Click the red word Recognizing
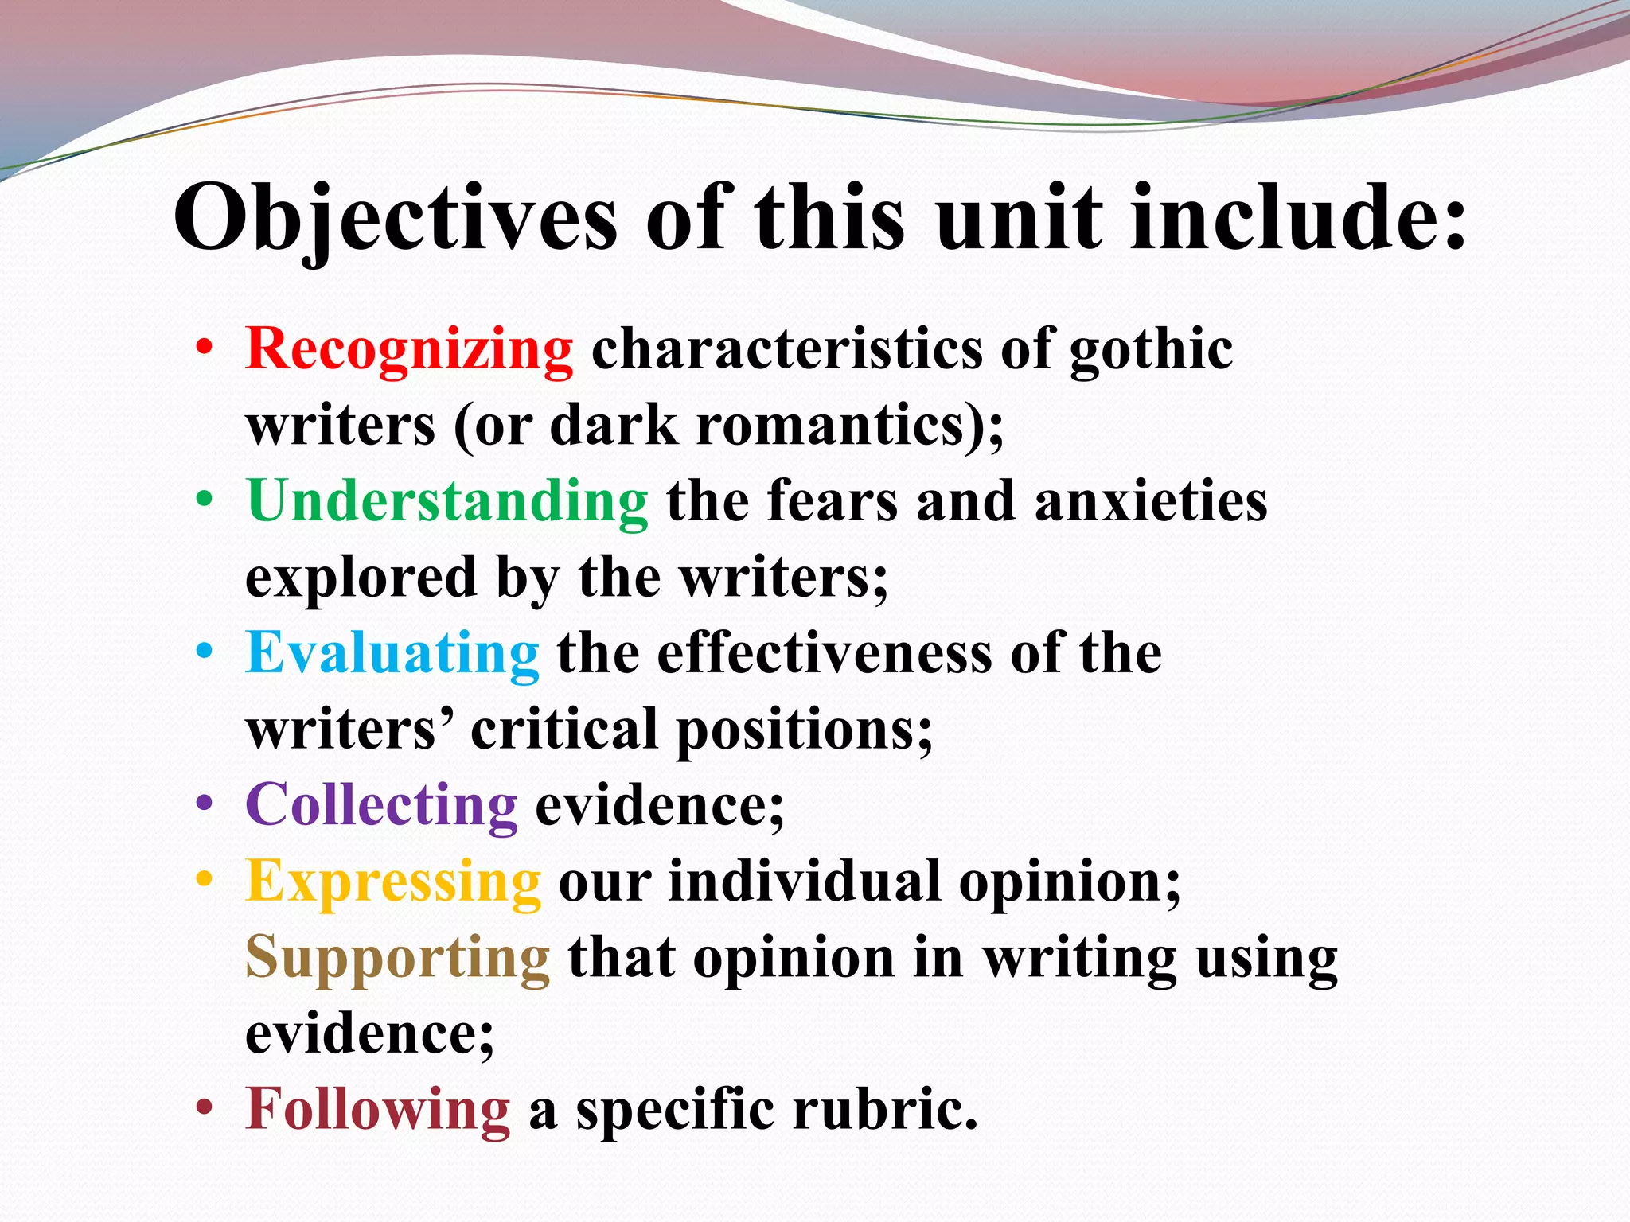pos(409,350)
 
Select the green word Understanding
pos(447,501)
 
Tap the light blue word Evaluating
pos(392,653)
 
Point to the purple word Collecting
pos(381,805)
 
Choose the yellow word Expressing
pos(393,881)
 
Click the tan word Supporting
pos(397,957)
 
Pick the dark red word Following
pos(378,1109)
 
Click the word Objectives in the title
pos(396,219)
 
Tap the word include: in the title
pos(1298,219)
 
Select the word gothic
pos(1151,350)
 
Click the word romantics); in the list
pos(850,426)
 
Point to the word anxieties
pos(1151,501)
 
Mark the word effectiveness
pos(825,653)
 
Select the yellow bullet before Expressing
pos(205,880)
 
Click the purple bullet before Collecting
pos(205,804)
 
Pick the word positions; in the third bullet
pos(804,730)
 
